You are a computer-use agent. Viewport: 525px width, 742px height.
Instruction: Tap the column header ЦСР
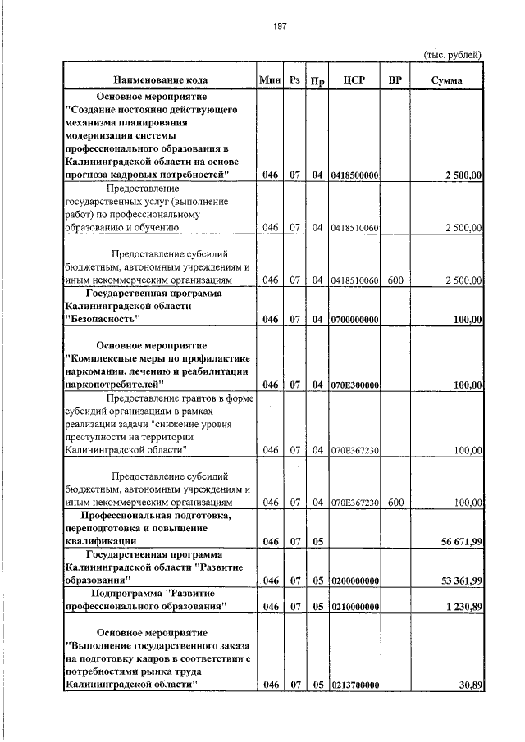pos(354,80)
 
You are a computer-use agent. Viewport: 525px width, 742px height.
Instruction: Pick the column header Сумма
pos(445,80)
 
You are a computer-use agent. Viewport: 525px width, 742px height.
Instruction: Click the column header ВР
pos(395,80)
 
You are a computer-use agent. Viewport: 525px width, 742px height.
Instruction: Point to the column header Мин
pos(269,80)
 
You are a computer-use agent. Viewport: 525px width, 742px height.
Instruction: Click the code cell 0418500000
pos(354,175)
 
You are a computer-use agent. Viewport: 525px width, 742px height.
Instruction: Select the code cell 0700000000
pos(354,319)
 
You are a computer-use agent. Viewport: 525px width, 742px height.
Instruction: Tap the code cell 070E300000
pos(354,384)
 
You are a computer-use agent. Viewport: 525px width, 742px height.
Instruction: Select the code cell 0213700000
pos(354,685)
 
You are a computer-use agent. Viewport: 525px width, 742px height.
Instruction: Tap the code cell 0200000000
pos(354,580)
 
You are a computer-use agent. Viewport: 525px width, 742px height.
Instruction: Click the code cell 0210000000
pos(354,607)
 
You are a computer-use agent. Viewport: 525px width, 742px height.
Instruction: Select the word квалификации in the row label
pos(99,542)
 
